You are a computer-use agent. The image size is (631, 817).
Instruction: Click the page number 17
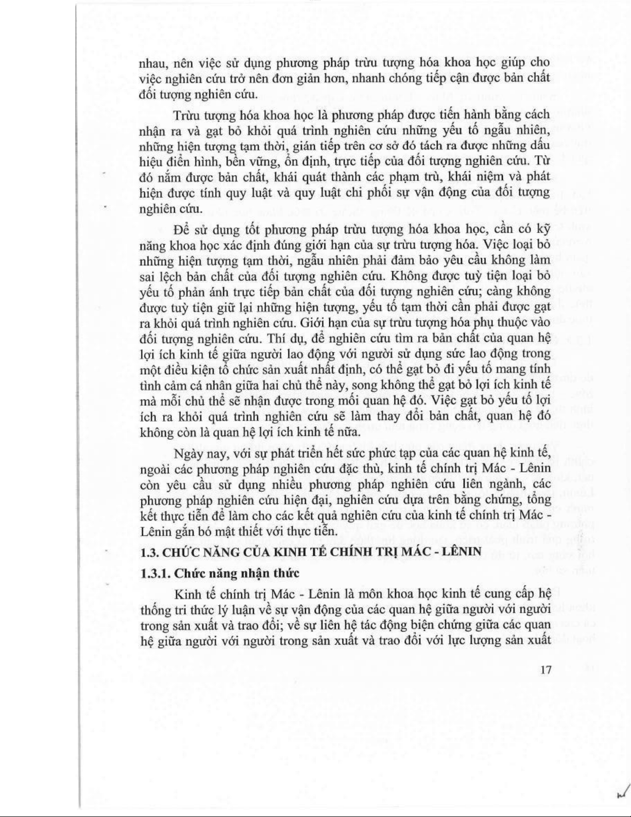[547, 670]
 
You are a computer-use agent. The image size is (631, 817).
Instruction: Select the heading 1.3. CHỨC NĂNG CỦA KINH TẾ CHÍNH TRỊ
[311, 552]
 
